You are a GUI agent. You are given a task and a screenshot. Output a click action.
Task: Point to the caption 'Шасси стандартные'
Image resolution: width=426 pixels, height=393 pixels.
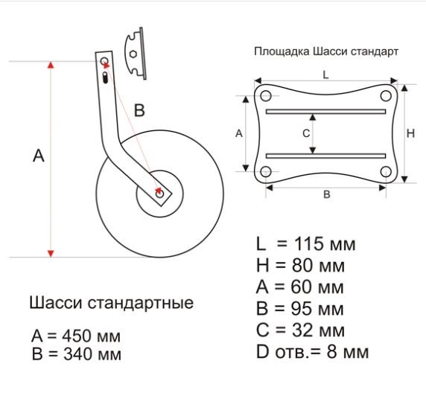111,304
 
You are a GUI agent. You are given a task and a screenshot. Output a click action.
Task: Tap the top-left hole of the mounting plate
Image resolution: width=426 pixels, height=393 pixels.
263,95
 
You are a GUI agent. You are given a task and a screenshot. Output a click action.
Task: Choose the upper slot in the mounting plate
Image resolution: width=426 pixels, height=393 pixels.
325,112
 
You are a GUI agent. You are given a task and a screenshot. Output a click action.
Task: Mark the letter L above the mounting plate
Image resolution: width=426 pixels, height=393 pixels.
325,75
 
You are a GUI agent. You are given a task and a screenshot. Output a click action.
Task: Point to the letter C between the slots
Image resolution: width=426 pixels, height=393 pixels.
305,133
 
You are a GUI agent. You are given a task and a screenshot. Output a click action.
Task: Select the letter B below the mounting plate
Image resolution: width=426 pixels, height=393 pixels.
326,195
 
